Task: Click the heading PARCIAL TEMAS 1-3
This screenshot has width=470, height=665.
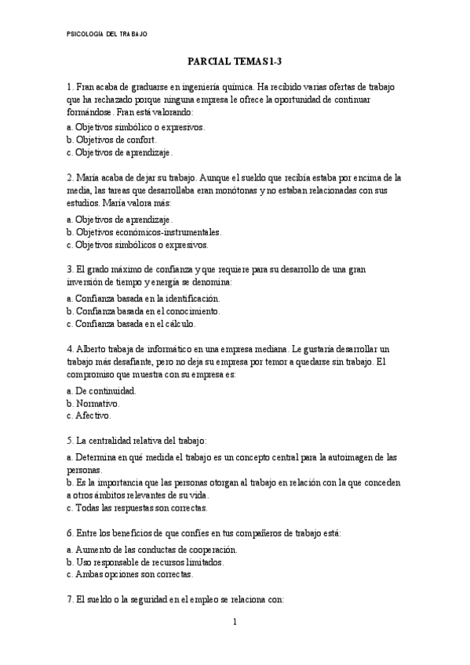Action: (235, 61)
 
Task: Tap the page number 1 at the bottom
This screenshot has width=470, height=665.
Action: (235, 623)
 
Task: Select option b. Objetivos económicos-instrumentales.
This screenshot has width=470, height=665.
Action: (144, 232)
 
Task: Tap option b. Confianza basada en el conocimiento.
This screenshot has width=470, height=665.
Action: (143, 311)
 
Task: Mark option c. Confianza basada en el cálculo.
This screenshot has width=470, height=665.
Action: (131, 323)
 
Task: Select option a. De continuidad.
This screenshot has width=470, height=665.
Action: (101, 390)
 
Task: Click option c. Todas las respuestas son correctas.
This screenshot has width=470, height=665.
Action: (136, 507)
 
